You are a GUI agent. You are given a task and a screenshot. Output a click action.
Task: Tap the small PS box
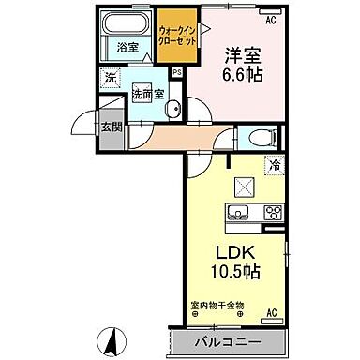(x=178, y=73)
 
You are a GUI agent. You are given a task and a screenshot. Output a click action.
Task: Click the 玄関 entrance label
(x=111, y=127)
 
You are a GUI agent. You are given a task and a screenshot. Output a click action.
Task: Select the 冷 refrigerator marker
(x=274, y=166)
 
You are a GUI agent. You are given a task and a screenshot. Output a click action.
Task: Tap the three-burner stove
(x=272, y=212)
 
